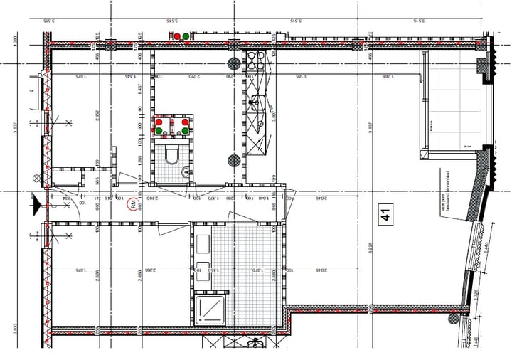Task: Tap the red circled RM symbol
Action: [x=133, y=205]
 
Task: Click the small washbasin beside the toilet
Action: [x=186, y=171]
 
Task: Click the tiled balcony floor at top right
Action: [x=452, y=103]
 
